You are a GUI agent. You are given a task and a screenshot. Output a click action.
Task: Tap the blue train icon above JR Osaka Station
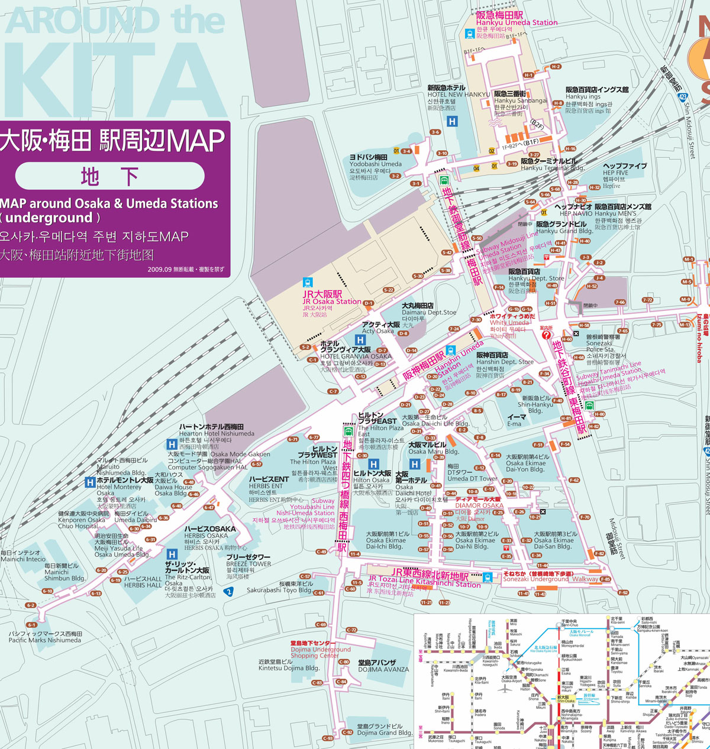[x=307, y=283]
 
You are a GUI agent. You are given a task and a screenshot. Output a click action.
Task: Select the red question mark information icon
[x=546, y=335]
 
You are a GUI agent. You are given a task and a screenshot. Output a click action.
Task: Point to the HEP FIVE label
[x=625, y=173]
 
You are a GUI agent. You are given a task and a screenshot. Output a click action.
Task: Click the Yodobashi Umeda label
[x=375, y=164]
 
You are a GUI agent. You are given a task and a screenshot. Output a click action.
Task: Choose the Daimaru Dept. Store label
[x=429, y=312]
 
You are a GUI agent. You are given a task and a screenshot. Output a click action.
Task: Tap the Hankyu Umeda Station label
[x=517, y=22]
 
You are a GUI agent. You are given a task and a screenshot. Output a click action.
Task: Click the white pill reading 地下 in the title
[x=110, y=176]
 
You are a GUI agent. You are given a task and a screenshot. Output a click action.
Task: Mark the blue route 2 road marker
[x=229, y=592]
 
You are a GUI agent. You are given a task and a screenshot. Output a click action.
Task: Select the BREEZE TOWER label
[x=248, y=564]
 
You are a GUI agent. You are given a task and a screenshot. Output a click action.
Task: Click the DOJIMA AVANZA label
[x=383, y=669]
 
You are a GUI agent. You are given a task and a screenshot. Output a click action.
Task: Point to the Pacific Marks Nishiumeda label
[x=45, y=640]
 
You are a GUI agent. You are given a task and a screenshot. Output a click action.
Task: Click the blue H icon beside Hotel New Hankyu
[x=452, y=122]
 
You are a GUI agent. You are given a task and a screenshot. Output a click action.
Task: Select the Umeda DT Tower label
[x=472, y=478]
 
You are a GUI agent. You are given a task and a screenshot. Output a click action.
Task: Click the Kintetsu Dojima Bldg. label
[x=289, y=668]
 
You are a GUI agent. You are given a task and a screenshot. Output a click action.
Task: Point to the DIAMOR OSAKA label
[x=479, y=505]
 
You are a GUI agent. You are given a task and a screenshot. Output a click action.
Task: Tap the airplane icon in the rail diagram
[x=504, y=688]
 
